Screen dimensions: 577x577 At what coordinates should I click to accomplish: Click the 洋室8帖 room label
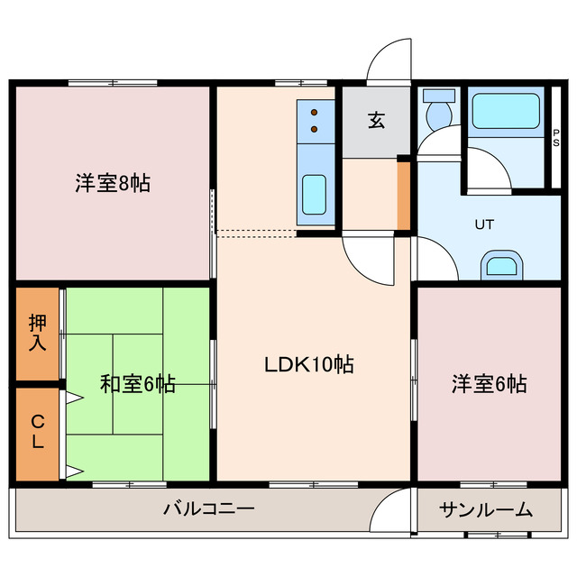point(112,183)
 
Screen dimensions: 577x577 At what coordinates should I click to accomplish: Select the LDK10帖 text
point(308,364)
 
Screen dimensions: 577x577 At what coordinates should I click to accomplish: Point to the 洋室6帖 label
point(490,384)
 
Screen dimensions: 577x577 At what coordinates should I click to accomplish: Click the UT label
point(485,224)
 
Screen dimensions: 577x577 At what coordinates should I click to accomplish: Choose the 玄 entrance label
point(376,121)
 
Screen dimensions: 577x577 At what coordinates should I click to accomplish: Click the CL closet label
point(38,433)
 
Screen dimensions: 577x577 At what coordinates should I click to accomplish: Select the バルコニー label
point(208,509)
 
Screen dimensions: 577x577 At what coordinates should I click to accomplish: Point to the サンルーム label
point(486,510)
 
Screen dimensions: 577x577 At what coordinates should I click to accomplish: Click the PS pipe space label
point(555,137)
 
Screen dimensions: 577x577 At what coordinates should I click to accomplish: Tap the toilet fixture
point(440,113)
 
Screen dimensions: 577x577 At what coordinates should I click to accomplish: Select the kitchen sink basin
point(314,193)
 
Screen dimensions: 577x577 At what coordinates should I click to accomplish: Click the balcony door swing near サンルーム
point(391,511)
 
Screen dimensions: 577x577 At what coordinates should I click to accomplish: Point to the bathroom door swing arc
point(488,170)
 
